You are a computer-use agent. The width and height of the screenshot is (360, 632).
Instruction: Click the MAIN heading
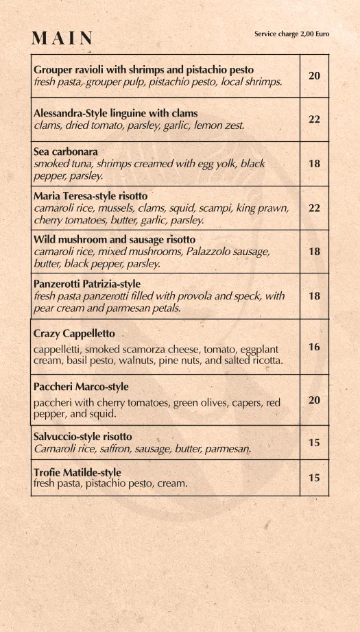[x=62, y=38]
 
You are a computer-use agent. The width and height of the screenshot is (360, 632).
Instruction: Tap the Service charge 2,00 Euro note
[x=291, y=34]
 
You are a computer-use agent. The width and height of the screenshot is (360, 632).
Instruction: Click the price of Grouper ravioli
[x=314, y=75]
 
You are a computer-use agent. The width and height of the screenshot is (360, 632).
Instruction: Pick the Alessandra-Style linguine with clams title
[x=115, y=113]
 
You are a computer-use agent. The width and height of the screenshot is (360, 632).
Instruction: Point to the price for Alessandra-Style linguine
[x=314, y=119]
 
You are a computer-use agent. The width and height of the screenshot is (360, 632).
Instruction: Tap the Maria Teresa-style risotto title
[x=89, y=195]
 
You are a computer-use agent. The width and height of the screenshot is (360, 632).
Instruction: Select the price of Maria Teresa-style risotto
[x=314, y=208]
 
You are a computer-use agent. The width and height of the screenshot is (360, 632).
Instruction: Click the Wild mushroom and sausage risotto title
[x=115, y=239]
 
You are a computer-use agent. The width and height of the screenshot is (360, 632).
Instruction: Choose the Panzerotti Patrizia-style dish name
[x=87, y=283]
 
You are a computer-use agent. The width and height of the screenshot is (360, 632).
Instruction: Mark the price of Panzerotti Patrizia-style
[x=314, y=295]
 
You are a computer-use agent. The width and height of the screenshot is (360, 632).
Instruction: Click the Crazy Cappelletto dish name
[x=74, y=333]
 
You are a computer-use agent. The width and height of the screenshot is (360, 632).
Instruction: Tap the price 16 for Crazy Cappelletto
[x=314, y=347]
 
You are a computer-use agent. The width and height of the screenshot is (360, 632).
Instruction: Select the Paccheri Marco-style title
[x=81, y=387]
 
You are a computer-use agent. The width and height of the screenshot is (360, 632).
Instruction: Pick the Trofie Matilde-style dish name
[x=77, y=472]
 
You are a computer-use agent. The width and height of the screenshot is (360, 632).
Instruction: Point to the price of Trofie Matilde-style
[x=314, y=478]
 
